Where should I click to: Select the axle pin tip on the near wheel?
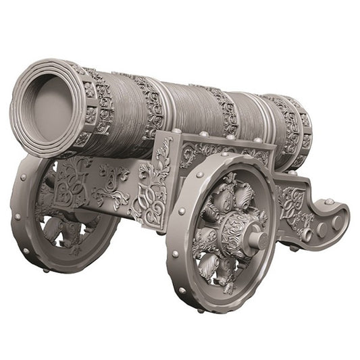tap(257, 238)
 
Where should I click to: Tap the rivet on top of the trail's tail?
tap(328, 201)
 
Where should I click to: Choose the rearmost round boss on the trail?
tap(336, 222)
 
